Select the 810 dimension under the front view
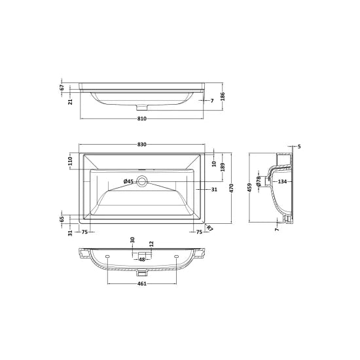(x=142, y=119)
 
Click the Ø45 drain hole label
(x=129, y=181)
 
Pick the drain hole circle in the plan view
(x=143, y=182)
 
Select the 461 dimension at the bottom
(x=142, y=283)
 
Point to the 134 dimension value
(x=282, y=181)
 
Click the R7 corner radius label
(x=209, y=228)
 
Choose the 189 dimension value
(x=223, y=168)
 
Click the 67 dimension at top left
(x=62, y=86)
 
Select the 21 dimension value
(x=71, y=101)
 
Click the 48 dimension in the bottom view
(x=142, y=259)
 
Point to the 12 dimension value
(x=151, y=243)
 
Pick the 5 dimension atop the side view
(x=298, y=147)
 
